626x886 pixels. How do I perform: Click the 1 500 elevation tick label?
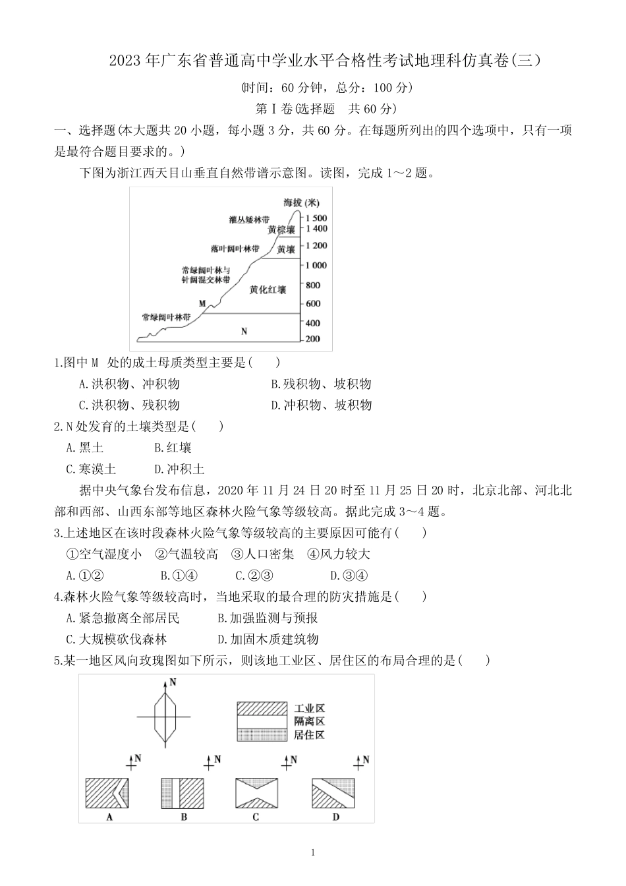pyautogui.click(x=316, y=218)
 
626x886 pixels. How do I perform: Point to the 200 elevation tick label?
pyautogui.click(x=312, y=339)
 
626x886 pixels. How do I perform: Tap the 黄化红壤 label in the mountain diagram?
pyautogui.click(x=268, y=290)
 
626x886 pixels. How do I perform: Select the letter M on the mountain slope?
pyautogui.click(x=202, y=303)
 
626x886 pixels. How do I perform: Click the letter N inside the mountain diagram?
pyautogui.click(x=244, y=331)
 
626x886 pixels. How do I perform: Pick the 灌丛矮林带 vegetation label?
pyautogui.click(x=249, y=220)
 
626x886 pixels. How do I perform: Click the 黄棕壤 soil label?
pyautogui.click(x=281, y=230)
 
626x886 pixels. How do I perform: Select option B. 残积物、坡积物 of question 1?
pyautogui.click(x=321, y=384)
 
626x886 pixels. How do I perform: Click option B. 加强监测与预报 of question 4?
pyautogui.click(x=268, y=618)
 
